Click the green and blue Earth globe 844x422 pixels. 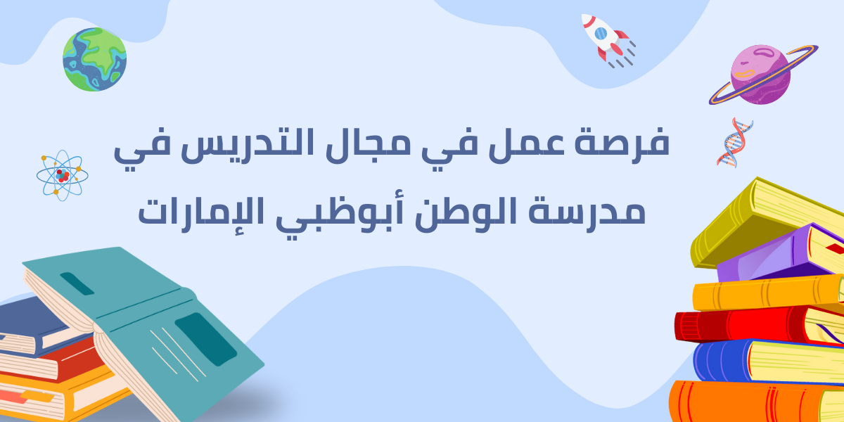click(94, 60)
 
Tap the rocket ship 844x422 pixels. click(607, 40)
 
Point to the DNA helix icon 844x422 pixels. click(734, 142)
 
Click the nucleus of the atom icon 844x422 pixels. click(63, 176)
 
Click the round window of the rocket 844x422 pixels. click(601, 34)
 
